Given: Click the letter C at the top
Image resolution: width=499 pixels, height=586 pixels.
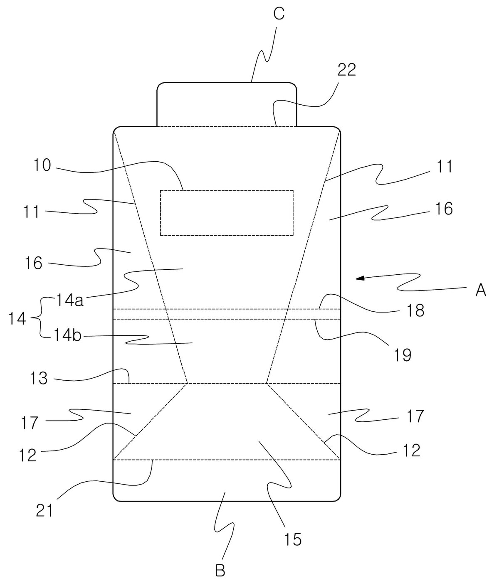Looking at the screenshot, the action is pos(279,14).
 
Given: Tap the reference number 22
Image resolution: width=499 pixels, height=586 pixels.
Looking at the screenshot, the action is pos(346,69).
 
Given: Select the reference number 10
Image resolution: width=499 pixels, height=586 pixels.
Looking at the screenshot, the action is pos(42,165).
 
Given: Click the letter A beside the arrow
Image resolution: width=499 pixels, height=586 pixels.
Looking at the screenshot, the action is pos(481,291).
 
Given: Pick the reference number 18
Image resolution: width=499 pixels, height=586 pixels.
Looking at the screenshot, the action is pos(415,310).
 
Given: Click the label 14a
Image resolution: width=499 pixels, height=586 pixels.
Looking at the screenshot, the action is pos(69,300).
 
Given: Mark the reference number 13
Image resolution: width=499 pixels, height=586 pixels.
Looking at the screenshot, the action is pos(39,379).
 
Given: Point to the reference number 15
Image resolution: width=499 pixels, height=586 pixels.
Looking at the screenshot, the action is pos(293,539).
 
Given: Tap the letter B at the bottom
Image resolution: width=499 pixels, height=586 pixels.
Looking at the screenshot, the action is pos(220,570).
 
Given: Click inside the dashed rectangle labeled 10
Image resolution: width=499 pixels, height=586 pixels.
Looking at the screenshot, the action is pos(227,213).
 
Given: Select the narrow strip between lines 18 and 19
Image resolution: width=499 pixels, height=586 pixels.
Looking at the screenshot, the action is pos(227,314).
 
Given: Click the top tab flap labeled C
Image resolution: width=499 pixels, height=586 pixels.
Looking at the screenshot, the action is pos(227,104).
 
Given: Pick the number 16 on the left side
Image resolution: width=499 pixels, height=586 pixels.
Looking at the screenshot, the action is pos(34,263).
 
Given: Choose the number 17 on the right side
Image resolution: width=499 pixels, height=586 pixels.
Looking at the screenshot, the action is pos(415,416).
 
